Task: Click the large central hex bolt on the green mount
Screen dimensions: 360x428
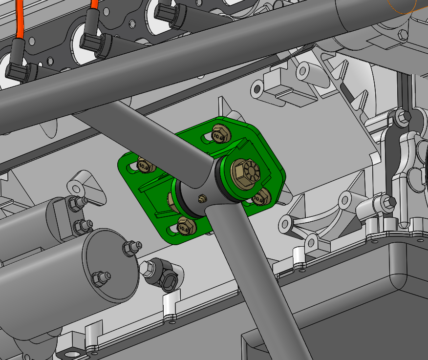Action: click(x=244, y=171)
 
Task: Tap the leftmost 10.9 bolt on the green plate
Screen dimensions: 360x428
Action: click(x=144, y=165)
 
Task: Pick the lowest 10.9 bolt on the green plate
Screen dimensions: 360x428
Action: click(x=185, y=226)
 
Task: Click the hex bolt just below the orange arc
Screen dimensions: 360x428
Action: click(x=403, y=35)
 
